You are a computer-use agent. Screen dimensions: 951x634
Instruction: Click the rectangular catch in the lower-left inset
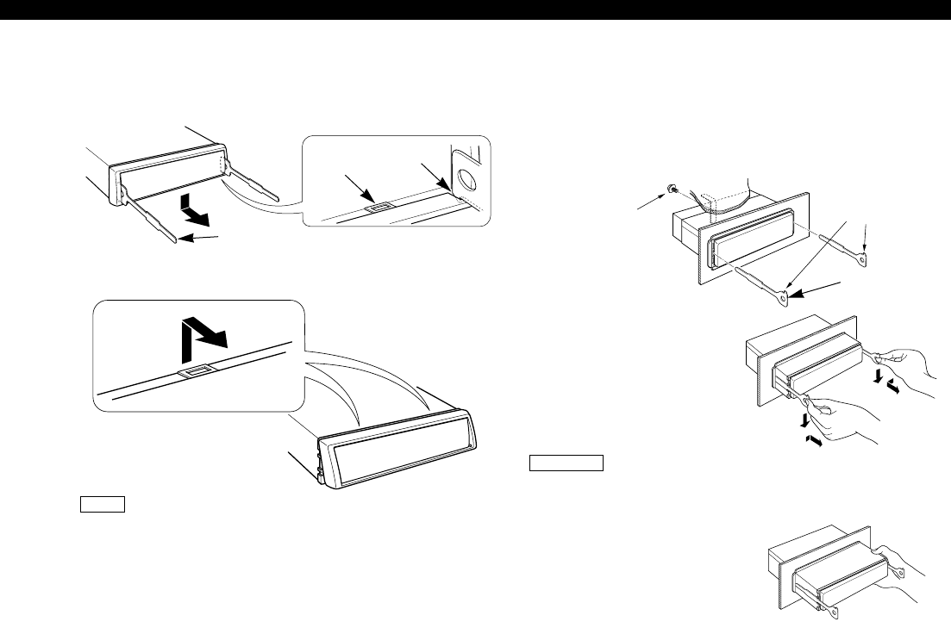pyautogui.click(x=193, y=373)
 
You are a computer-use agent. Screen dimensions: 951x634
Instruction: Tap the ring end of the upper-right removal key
pyautogui.click(x=864, y=254)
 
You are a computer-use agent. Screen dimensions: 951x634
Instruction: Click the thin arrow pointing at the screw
pyautogui.click(x=648, y=203)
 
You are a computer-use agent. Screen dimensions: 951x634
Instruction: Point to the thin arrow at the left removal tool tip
pyautogui.click(x=196, y=241)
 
